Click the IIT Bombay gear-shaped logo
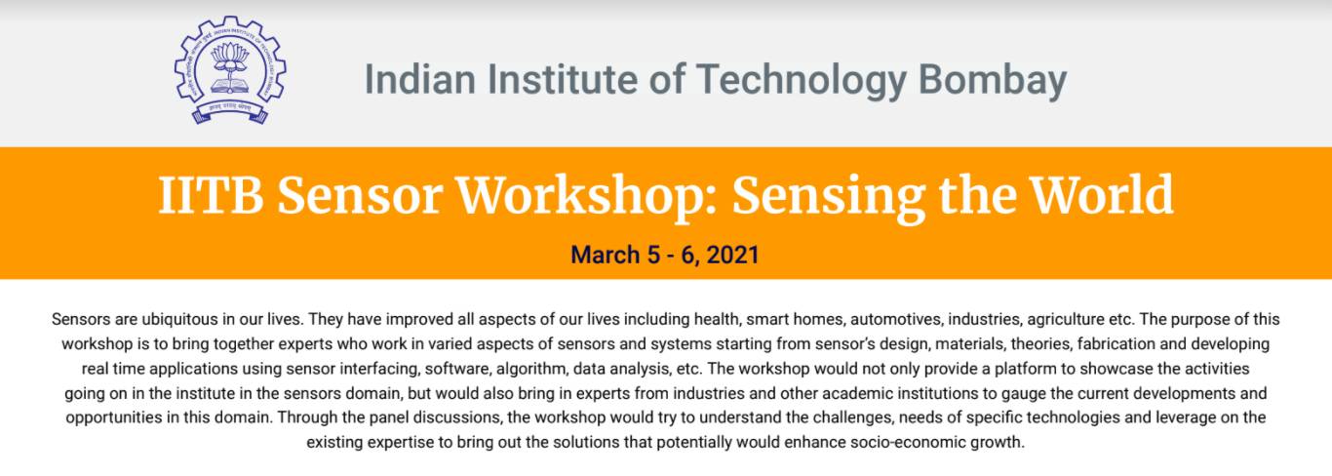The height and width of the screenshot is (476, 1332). (x=230, y=70)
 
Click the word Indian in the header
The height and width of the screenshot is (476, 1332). (x=420, y=80)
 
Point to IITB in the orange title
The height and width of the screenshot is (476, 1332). (x=211, y=195)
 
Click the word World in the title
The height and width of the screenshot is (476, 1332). (x=1101, y=194)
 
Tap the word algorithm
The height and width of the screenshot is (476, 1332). (x=531, y=369)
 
